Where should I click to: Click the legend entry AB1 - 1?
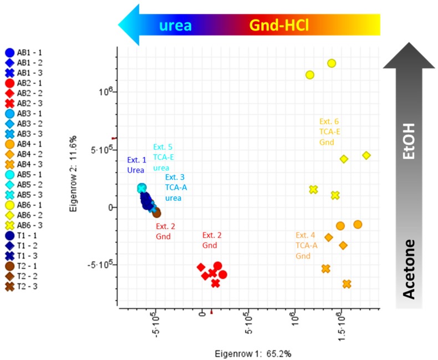(26, 53)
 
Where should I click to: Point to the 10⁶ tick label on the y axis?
(105, 90)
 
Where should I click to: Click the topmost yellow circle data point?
(332, 63)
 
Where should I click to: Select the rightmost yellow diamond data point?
(366, 155)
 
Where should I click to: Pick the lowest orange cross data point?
(347, 284)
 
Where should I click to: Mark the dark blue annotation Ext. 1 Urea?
(136, 165)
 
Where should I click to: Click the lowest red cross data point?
(216, 283)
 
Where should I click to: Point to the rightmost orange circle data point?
(358, 224)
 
